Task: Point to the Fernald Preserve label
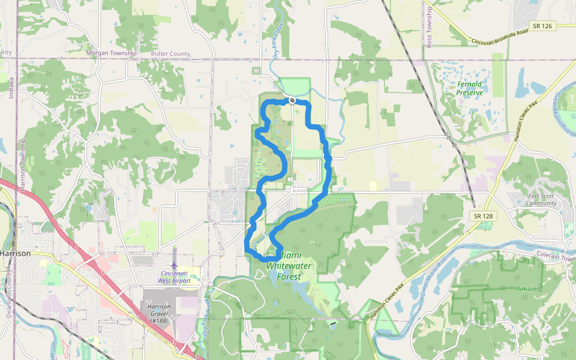[x=469, y=88]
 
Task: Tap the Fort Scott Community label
[x=542, y=199]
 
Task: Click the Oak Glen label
[x=528, y=289]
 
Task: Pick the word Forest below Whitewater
[x=289, y=277]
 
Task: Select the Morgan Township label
[x=112, y=53]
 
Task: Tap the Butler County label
[x=170, y=53]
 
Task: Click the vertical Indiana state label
[x=11, y=87]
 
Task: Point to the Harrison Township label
[x=23, y=166]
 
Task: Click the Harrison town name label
[x=15, y=253]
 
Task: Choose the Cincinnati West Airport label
[x=174, y=277]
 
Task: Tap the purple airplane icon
[x=174, y=265]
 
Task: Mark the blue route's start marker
[x=291, y=100]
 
